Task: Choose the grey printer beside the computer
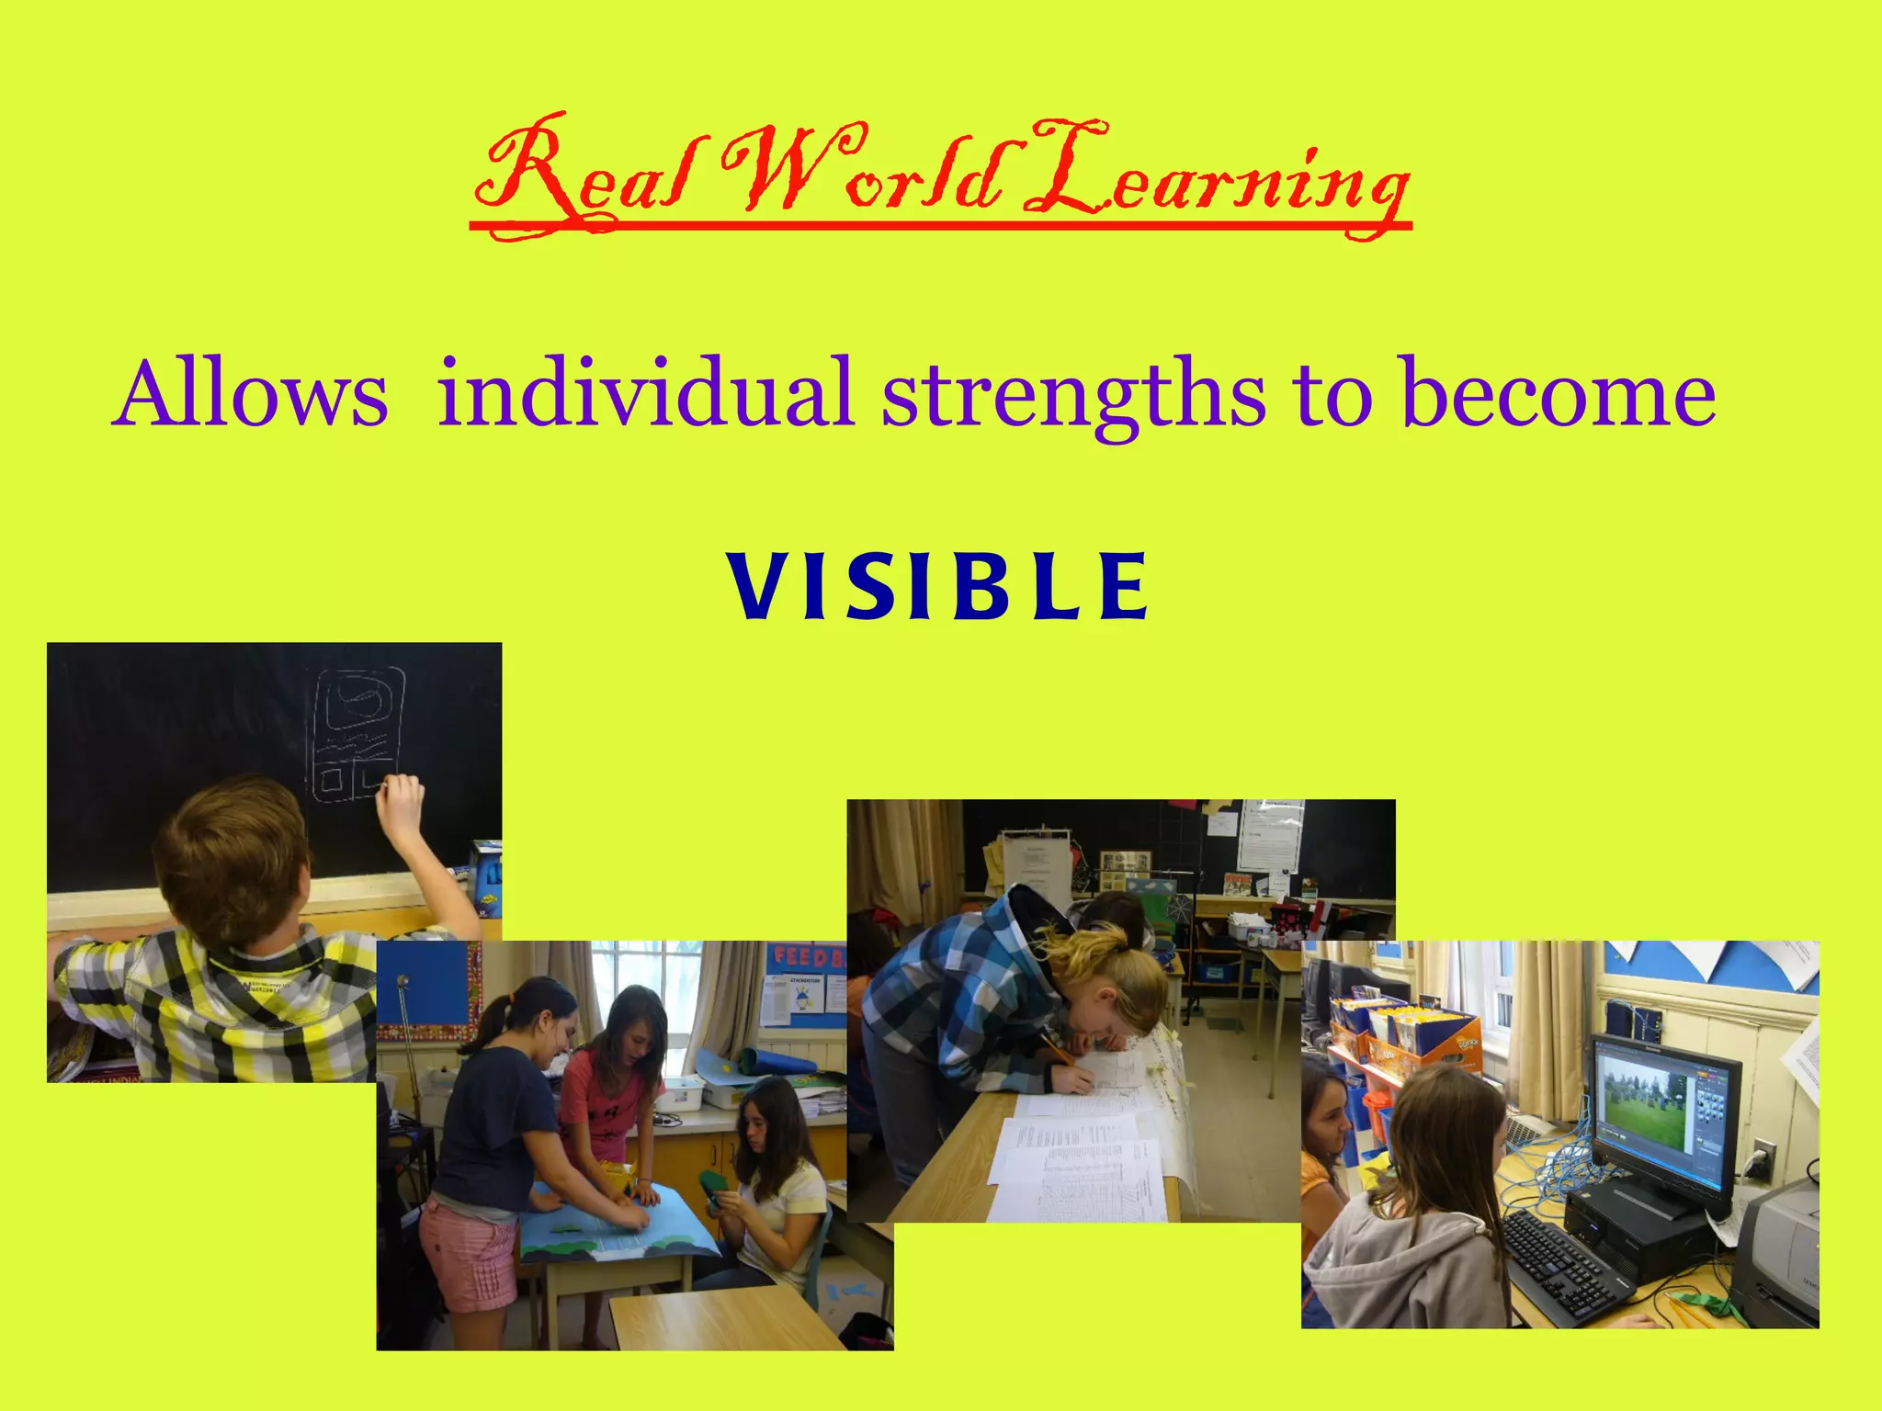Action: click(1777, 1249)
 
